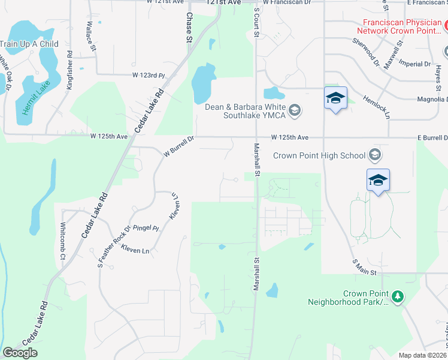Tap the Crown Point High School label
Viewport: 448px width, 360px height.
coord(319,155)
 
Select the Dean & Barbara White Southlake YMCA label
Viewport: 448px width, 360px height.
coord(245,111)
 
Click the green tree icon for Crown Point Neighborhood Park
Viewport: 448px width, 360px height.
coord(397,296)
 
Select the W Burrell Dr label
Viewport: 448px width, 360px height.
coord(180,146)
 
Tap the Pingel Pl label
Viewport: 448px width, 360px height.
coord(146,229)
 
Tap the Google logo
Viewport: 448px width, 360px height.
coord(20,353)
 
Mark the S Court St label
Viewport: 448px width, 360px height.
coord(256,22)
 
